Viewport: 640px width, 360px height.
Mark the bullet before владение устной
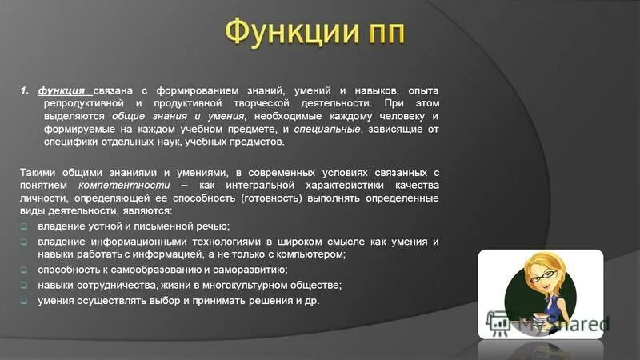pyautogui.click(x=24, y=226)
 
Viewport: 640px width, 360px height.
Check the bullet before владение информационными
pyautogui.click(x=24, y=242)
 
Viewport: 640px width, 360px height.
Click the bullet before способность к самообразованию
pyautogui.click(x=24, y=270)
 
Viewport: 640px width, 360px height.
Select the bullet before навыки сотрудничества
pyautogui.click(x=24, y=285)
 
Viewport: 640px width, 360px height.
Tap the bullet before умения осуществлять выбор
pyautogui.click(x=24, y=301)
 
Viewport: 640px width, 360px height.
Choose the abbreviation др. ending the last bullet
pyautogui.click(x=311, y=301)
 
